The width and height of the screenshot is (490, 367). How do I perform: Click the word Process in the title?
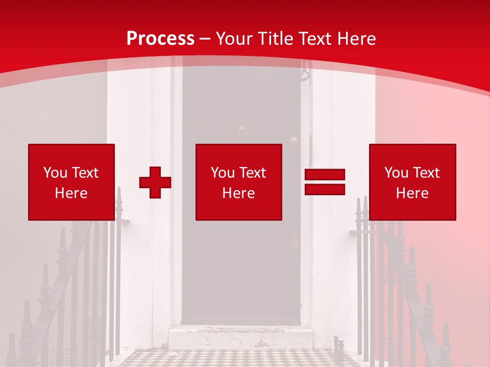coord(160,39)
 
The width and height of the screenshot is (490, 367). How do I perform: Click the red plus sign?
coord(155,182)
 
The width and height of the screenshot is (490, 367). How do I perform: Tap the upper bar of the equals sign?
coord(325,174)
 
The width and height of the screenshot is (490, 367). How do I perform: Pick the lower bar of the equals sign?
coord(325,189)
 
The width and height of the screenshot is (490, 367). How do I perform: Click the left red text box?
coord(71,182)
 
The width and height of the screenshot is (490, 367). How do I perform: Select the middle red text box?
coord(239,182)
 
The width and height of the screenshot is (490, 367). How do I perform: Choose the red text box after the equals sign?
coord(412,182)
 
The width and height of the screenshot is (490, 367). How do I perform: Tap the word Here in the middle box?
coord(239,193)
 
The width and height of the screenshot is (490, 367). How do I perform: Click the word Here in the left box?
coord(71,193)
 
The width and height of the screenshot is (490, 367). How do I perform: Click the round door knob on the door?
coord(242,129)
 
